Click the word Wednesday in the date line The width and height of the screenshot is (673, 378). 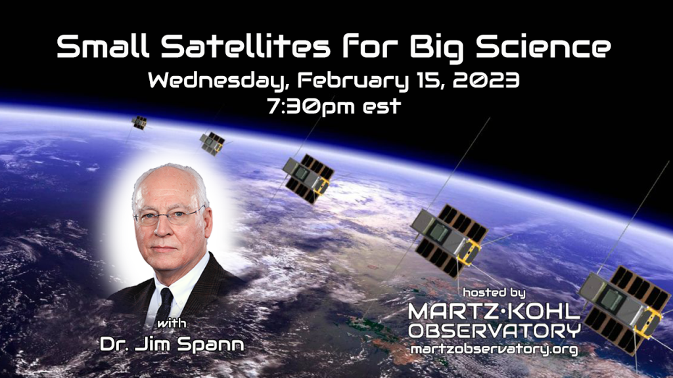(216, 81)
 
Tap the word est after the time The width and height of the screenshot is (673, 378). (382, 106)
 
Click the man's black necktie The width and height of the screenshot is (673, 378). (165, 303)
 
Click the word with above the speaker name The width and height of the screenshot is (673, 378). (172, 324)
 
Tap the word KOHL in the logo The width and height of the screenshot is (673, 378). (541, 312)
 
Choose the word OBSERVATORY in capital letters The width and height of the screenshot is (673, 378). (494, 331)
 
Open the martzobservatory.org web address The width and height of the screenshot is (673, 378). (494, 349)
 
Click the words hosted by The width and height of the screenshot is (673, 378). (494, 293)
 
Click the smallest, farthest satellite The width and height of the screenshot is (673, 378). (139, 123)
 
